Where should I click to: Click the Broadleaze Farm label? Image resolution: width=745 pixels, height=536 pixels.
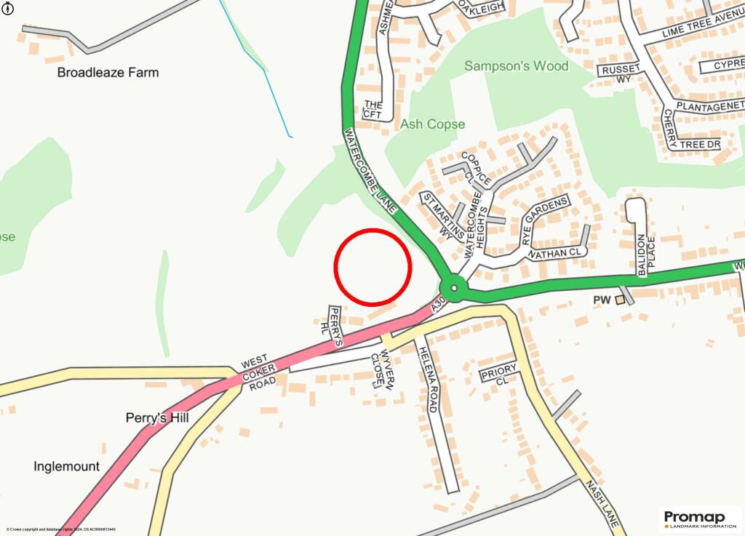pyautogui.click(x=108, y=73)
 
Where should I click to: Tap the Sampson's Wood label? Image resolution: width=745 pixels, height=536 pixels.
pyautogui.click(x=517, y=66)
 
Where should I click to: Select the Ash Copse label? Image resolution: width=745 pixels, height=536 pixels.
pyautogui.click(x=432, y=124)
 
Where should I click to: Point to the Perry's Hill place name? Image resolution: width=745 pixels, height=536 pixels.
pyautogui.click(x=157, y=418)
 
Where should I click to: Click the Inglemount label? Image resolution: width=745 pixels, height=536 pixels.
pyautogui.click(x=66, y=466)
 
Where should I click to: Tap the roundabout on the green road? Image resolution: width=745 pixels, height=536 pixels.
pyautogui.click(x=454, y=290)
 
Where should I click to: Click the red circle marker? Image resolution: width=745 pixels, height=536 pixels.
pyautogui.click(x=372, y=266)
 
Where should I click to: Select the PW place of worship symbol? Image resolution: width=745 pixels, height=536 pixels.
pyautogui.click(x=620, y=300)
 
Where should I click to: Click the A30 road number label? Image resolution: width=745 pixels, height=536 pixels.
pyautogui.click(x=437, y=305)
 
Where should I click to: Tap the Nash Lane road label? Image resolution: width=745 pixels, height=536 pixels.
pyautogui.click(x=603, y=503)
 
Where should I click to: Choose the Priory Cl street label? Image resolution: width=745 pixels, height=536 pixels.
pyautogui.click(x=498, y=375)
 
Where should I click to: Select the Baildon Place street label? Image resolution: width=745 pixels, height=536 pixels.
pyautogui.click(x=647, y=255)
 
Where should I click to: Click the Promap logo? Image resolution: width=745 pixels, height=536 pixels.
pyautogui.click(x=699, y=518)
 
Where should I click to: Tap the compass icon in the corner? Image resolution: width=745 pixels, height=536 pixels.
pyautogui.click(x=7, y=7)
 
